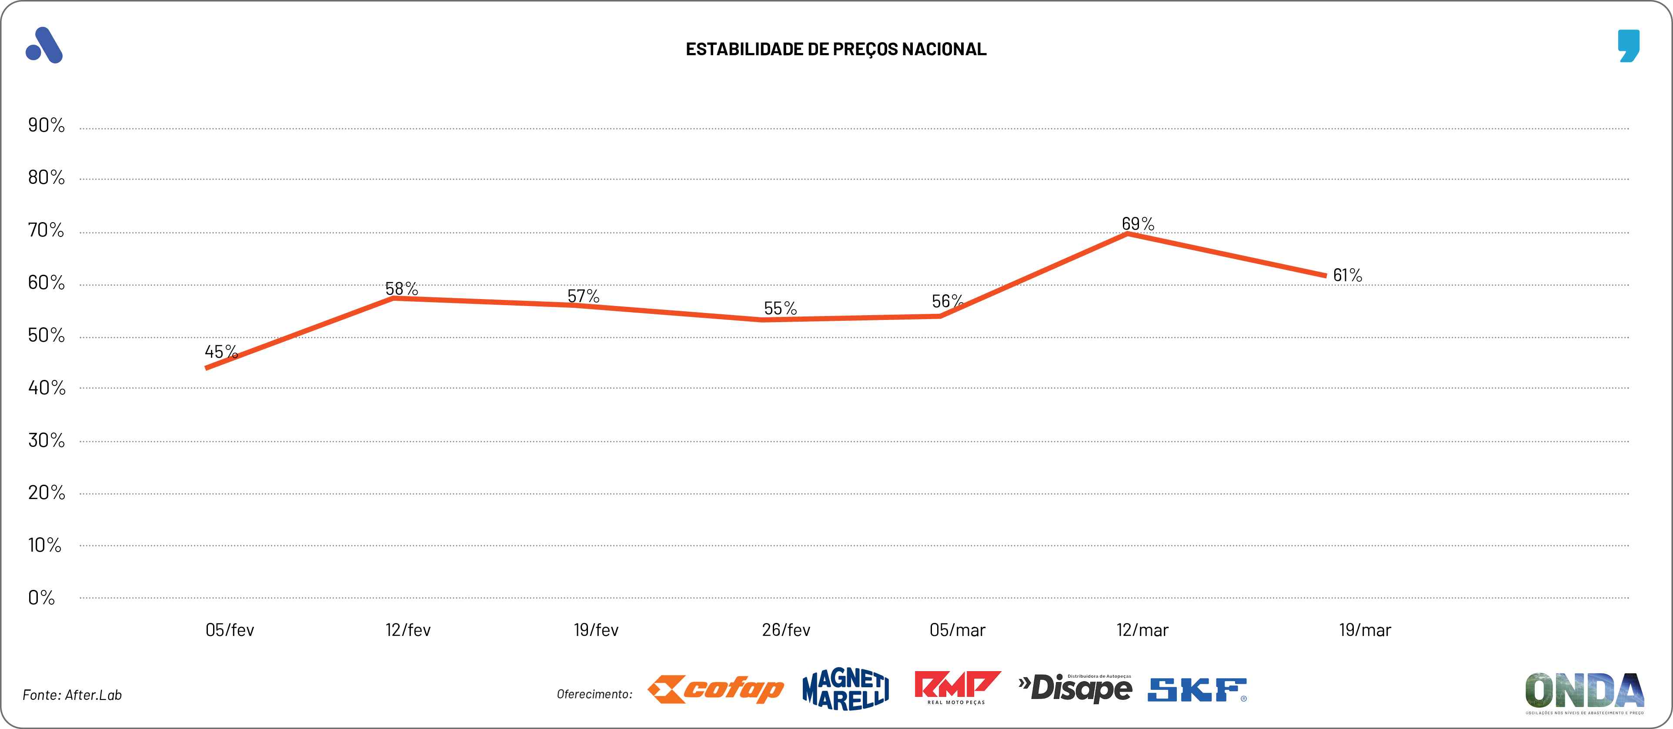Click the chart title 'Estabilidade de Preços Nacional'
(x=836, y=49)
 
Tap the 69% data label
(x=1138, y=224)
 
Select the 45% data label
(x=221, y=352)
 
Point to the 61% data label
(x=1348, y=275)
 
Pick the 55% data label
(x=780, y=308)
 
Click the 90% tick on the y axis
(x=46, y=125)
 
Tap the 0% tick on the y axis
(x=41, y=598)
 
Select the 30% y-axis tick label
(x=46, y=441)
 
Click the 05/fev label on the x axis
(x=229, y=630)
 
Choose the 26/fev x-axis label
(x=786, y=630)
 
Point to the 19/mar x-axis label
(x=1365, y=630)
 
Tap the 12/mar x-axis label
(x=1142, y=630)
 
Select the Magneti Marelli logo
(x=845, y=689)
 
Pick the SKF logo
(x=1197, y=690)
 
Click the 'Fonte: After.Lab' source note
(x=72, y=695)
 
